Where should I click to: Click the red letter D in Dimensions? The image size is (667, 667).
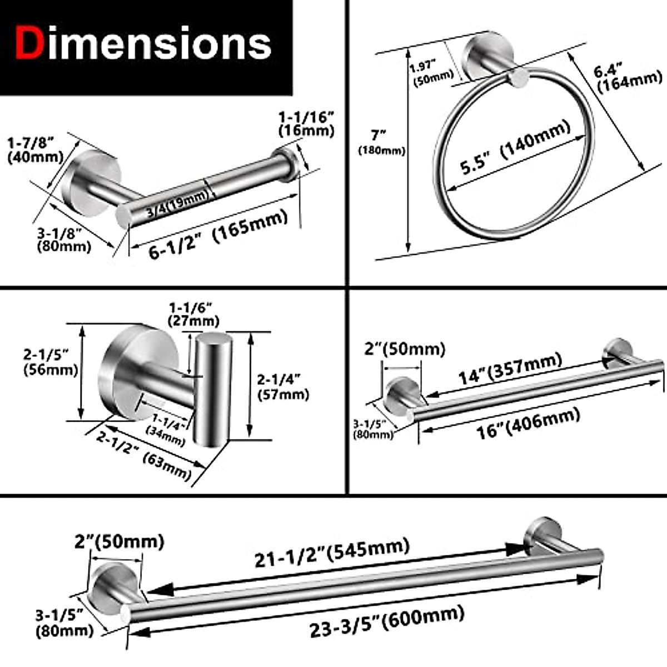click(30, 44)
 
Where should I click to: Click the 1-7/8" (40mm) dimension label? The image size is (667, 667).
click(35, 150)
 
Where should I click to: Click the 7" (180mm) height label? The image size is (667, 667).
click(381, 142)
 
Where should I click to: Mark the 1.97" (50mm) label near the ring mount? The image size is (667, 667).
click(431, 73)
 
